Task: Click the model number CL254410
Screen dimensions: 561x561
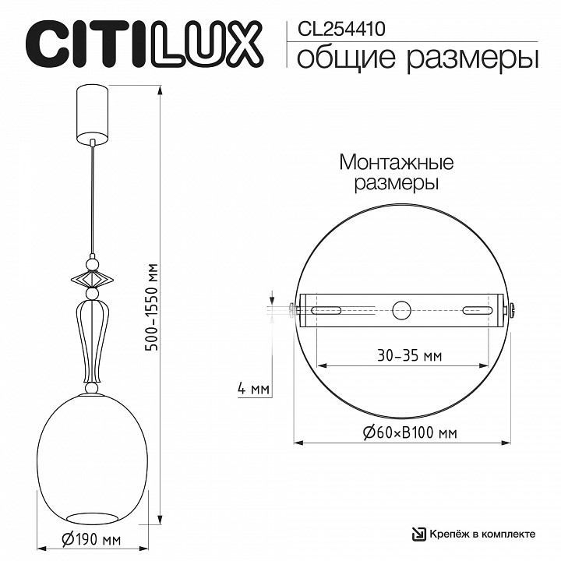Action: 341,29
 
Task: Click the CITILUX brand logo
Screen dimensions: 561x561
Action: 144,44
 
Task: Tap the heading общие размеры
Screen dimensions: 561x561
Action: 418,58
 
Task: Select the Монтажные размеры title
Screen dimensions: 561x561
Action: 397,172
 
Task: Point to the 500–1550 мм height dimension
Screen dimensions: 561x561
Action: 153,307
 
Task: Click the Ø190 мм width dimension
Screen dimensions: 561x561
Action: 91,539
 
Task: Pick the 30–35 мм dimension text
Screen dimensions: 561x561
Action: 410,356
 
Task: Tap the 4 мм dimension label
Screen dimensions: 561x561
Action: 253,389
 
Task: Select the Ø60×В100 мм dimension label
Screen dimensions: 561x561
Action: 410,433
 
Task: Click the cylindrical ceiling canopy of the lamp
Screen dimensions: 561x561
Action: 92,115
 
